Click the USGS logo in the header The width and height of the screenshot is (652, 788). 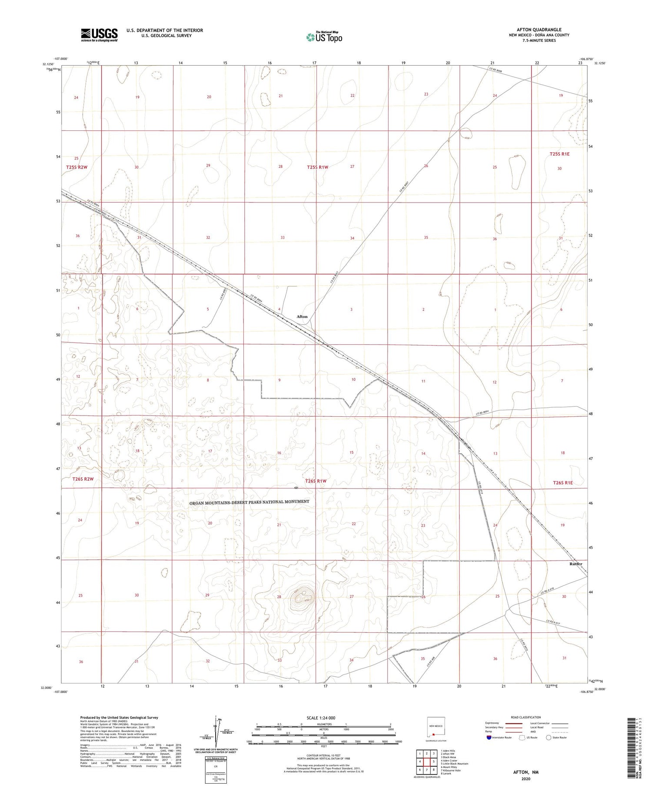coord(99,35)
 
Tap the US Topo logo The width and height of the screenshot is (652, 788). coord(324,37)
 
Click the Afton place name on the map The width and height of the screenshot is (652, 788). coord(302,316)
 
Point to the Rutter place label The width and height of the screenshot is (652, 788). coord(575,564)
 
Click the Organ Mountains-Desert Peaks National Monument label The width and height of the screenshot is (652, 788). coord(249,502)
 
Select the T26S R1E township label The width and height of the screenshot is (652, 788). coord(563,482)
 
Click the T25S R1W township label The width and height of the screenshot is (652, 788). coord(317,167)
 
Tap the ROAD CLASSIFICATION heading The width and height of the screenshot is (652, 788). coord(526,717)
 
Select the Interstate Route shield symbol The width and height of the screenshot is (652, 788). coord(490,738)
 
